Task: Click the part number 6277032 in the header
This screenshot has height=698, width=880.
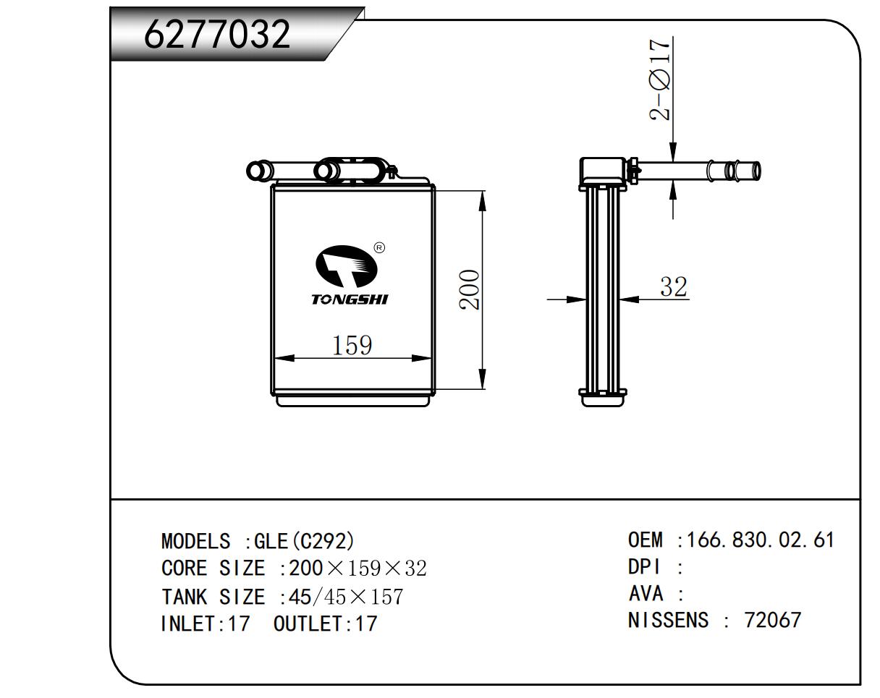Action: [x=217, y=33]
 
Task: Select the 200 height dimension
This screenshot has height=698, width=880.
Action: [x=470, y=289]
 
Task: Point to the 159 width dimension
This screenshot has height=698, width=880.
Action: [x=352, y=346]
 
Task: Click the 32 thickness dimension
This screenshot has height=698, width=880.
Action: [x=673, y=287]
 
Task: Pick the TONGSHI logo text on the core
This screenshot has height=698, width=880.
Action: [x=350, y=299]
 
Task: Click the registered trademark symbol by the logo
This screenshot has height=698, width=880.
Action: [x=379, y=248]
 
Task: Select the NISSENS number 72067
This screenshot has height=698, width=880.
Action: [x=773, y=620]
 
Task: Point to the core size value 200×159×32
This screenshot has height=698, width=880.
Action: [x=357, y=569]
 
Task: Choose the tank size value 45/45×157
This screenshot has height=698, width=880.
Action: [x=346, y=597]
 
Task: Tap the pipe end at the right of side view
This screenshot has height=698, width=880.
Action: [x=756, y=171]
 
